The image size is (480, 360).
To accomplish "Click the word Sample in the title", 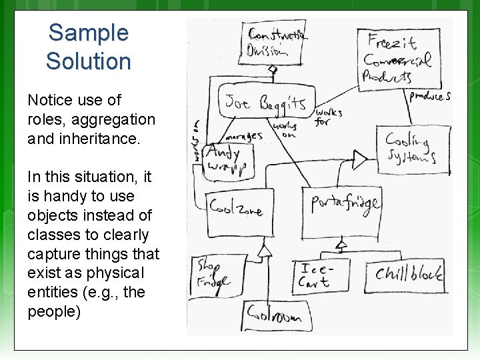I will (x=89, y=32).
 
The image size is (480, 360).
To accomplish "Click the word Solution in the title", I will (x=89, y=61).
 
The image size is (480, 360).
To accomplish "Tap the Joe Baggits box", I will (x=265, y=103).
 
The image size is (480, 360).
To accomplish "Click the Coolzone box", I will (x=236, y=208).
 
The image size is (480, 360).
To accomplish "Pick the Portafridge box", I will (x=346, y=203).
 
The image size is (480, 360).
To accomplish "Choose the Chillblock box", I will (x=407, y=274).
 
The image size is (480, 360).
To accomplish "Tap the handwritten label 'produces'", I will (x=430, y=96).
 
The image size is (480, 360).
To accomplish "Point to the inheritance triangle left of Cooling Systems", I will (x=360, y=160).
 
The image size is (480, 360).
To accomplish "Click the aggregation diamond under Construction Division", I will (x=272, y=69).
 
